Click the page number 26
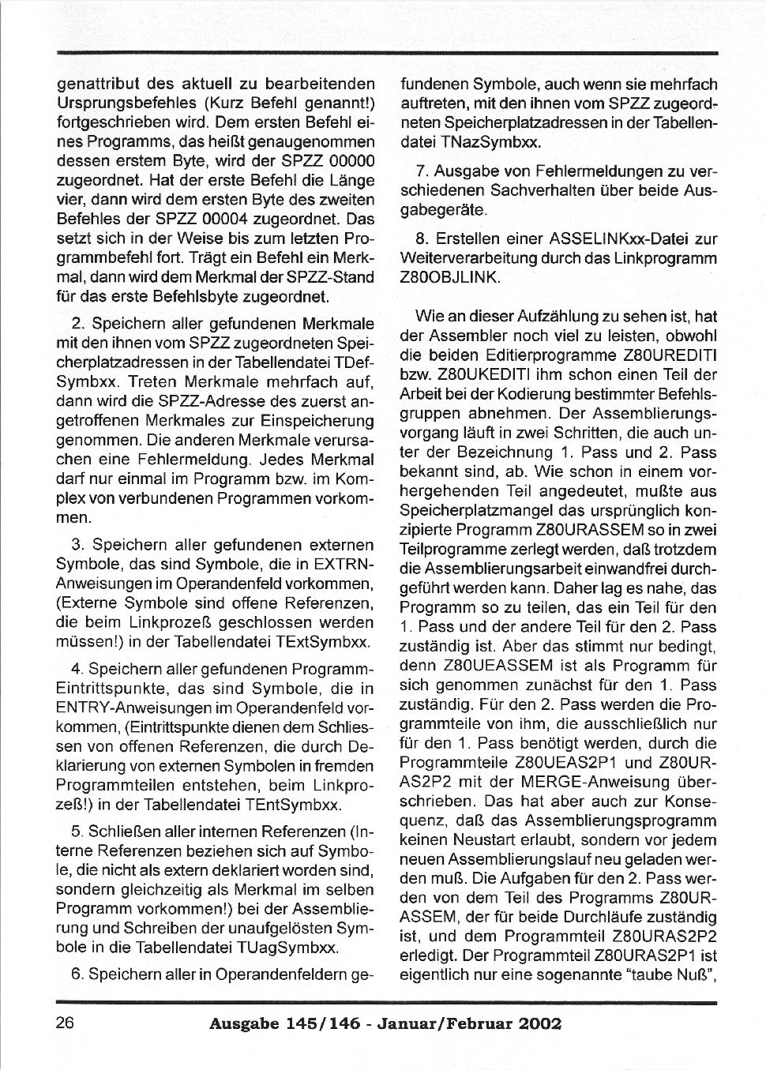[65, 1023]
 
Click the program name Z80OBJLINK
[450, 278]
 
